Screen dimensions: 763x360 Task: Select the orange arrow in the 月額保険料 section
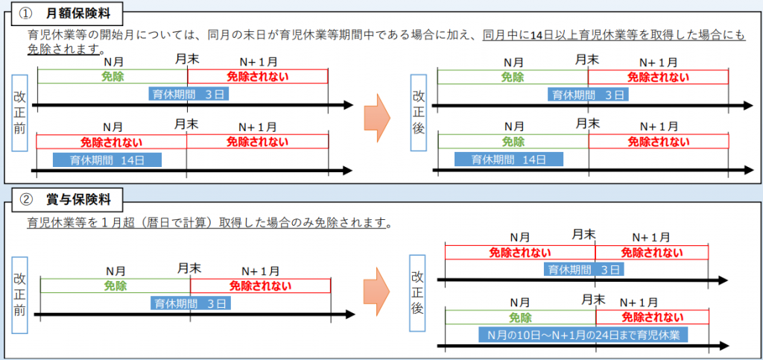pyautogui.click(x=377, y=117)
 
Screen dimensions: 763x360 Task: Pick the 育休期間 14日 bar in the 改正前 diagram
pyautogui.click(x=107, y=160)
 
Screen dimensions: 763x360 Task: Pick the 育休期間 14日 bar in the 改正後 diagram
pyautogui.click(x=508, y=159)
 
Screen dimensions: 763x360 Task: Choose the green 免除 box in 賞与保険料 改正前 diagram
pyautogui.click(x=115, y=285)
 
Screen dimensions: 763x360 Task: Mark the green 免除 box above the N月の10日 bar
pyautogui.click(x=520, y=318)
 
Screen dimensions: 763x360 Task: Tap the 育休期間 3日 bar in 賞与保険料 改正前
pyautogui.click(x=190, y=303)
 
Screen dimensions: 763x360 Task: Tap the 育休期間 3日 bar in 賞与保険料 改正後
pyautogui.click(x=584, y=269)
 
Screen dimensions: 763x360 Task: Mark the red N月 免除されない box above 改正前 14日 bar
pyautogui.click(x=112, y=142)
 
